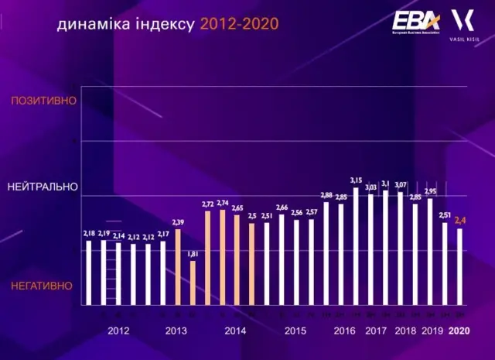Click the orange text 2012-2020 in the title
coord(239,24)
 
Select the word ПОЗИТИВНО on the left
coord(44,101)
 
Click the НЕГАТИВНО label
coord(42,286)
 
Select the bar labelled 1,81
coord(193,283)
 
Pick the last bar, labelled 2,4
coord(459,266)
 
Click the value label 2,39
coord(178,222)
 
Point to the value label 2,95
coord(430,191)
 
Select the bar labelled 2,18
coord(89,273)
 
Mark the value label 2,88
coord(326,195)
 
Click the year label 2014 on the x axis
coord(236,331)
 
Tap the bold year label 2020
coord(459,331)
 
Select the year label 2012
coord(118,331)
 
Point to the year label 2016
coord(344,331)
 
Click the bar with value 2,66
coord(282,260)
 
